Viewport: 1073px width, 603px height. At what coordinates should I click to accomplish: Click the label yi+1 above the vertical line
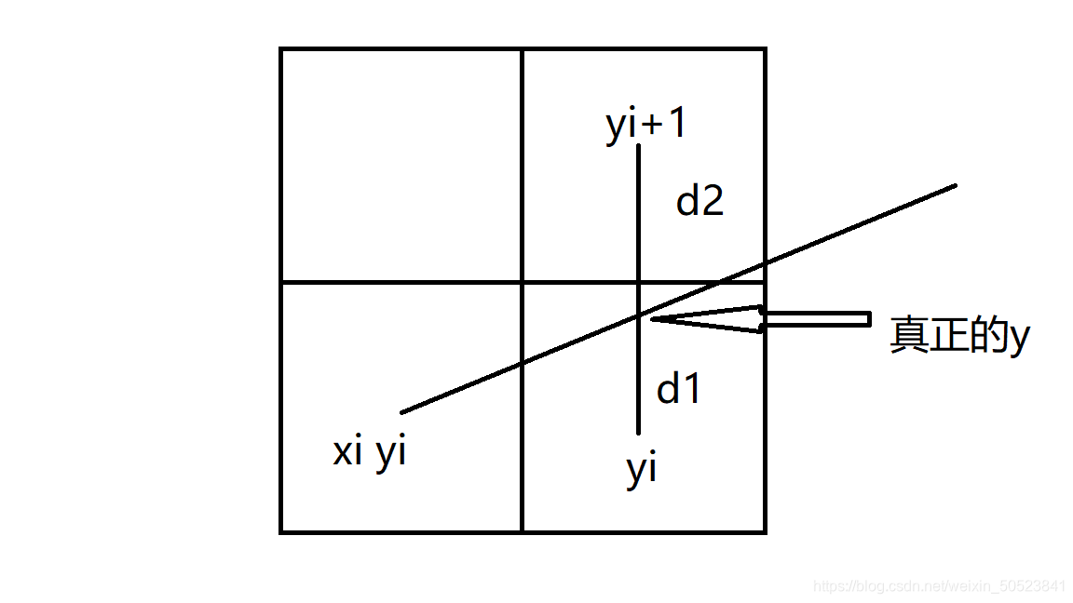coord(646,125)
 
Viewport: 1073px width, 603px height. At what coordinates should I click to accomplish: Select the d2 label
coord(699,201)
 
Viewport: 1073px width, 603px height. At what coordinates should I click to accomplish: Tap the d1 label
coord(679,389)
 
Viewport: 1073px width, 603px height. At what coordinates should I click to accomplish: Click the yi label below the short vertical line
coord(642,471)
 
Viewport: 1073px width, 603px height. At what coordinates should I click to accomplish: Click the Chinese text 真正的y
coord(958,335)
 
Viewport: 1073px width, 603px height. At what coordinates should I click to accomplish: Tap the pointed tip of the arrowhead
coord(652,319)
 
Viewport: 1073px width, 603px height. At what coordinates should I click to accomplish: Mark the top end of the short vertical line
coord(638,146)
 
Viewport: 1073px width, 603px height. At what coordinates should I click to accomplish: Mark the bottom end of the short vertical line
coord(638,434)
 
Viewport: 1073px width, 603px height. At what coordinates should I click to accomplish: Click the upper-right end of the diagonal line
coord(956,186)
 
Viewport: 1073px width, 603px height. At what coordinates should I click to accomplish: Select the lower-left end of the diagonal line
coord(402,412)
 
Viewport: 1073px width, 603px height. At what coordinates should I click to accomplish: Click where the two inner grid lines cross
coord(522,282)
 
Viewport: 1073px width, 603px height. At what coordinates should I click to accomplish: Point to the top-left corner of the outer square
coord(281,49)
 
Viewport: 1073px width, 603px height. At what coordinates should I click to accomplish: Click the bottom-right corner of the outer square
coord(765,531)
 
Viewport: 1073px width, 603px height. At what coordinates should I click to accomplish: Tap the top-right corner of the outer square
coord(765,49)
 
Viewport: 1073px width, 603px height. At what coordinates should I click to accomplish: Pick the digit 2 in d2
coord(713,201)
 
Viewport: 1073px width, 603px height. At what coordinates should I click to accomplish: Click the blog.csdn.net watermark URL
coord(939,586)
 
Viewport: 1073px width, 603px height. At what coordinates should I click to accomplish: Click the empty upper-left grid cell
coord(401,166)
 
